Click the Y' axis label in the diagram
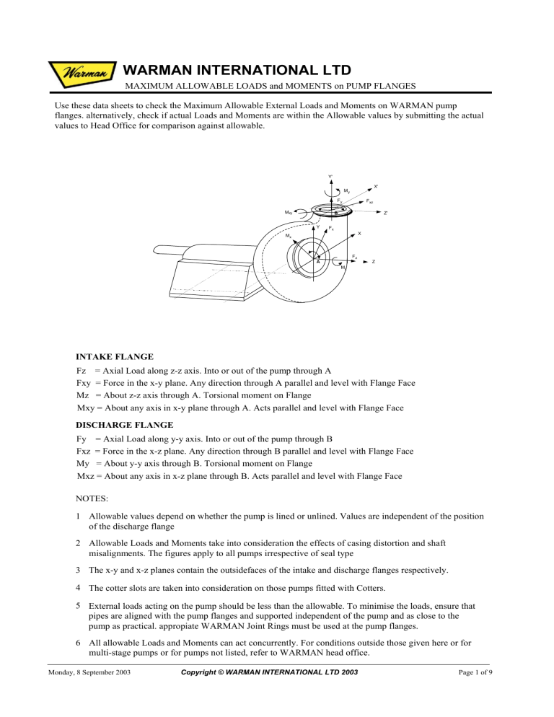tap(330, 177)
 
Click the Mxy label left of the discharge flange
tap(289, 212)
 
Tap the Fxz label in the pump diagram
tap(369, 201)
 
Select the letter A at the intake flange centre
tap(317, 263)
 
